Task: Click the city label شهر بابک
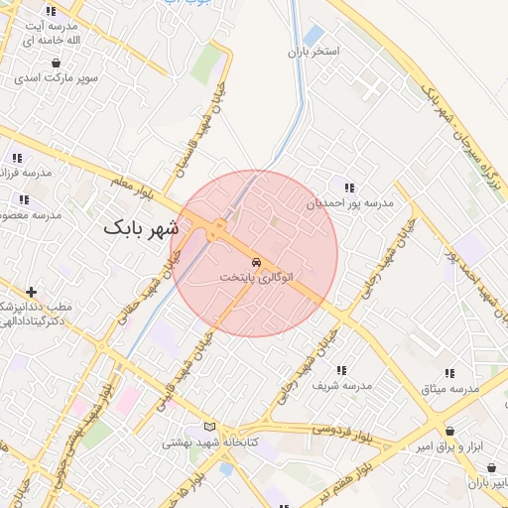click(x=144, y=229)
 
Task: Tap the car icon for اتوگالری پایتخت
click(x=256, y=262)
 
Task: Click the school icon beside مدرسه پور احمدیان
click(x=348, y=187)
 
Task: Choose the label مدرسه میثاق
click(x=450, y=388)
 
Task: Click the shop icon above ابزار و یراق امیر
click(x=451, y=432)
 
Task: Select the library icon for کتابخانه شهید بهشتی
click(x=208, y=427)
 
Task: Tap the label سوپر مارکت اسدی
click(x=54, y=76)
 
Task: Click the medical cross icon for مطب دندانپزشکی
click(x=33, y=292)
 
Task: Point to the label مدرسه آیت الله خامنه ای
click(x=50, y=30)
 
